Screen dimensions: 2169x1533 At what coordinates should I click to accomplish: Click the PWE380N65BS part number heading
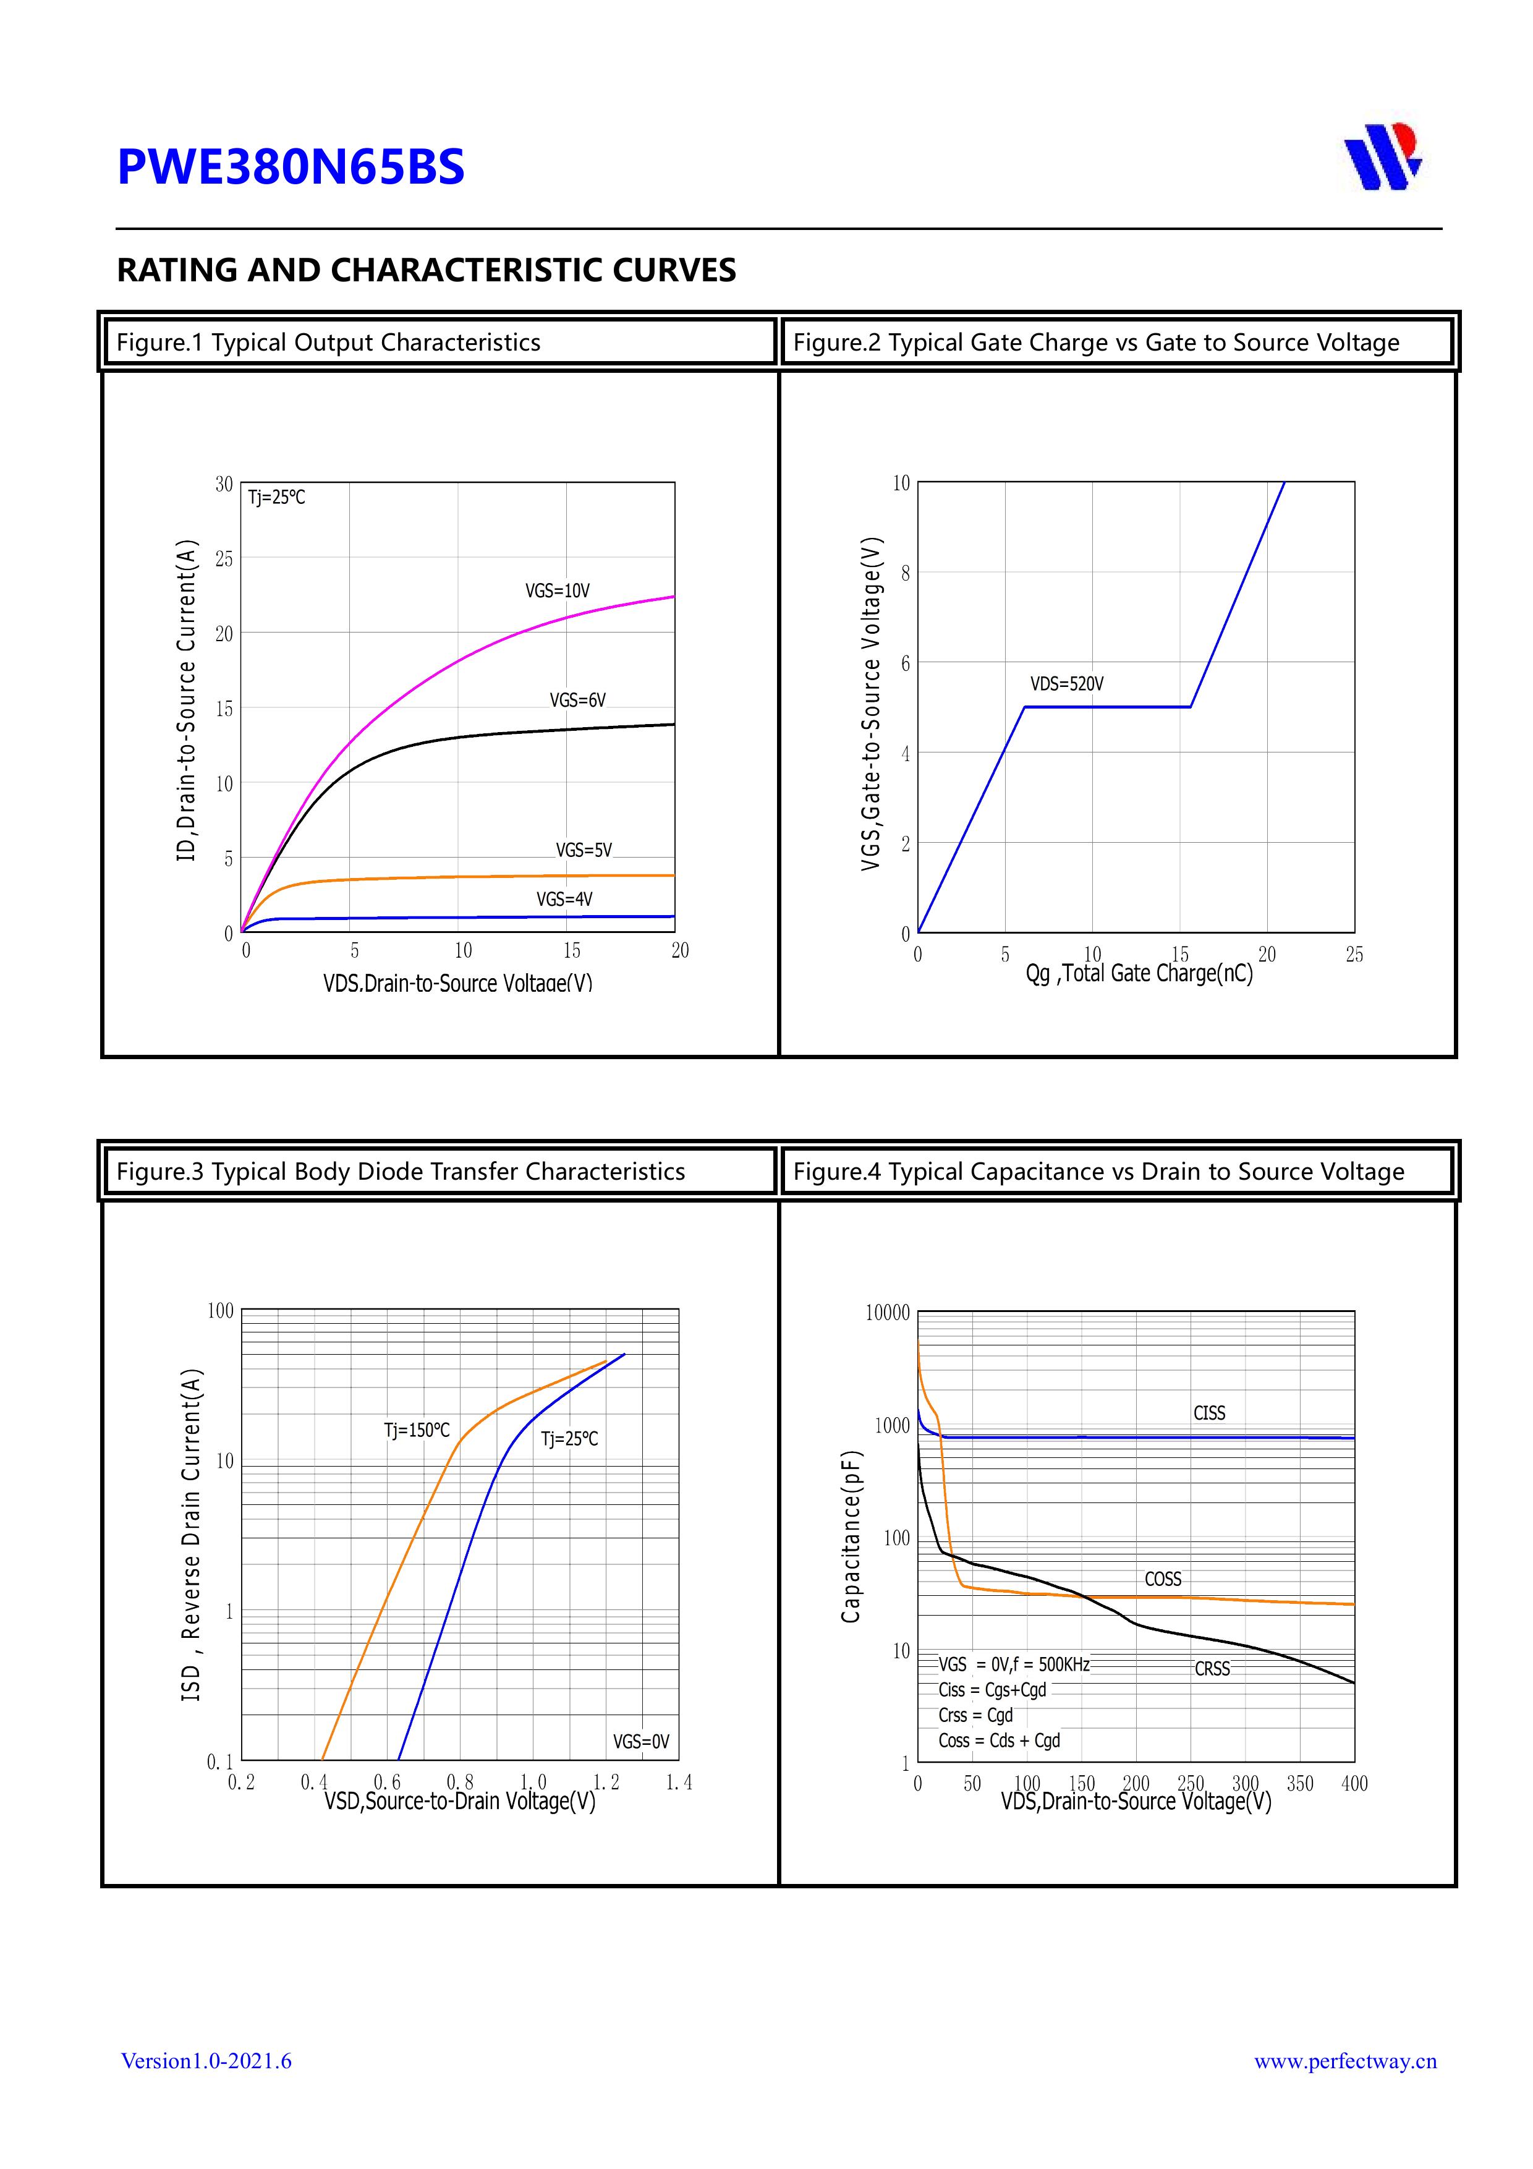point(291,166)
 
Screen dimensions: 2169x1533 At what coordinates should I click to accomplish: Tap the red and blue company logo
point(1383,157)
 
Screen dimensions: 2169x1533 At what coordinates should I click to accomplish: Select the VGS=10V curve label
point(558,591)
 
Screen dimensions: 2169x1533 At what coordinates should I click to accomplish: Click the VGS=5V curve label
point(584,850)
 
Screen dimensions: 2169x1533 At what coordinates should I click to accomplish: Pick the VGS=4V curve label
point(565,900)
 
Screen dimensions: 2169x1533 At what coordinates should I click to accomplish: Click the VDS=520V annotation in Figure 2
point(1066,684)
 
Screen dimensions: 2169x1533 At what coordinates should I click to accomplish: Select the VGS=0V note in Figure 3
point(640,1741)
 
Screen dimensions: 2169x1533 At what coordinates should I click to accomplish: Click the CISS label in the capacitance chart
point(1209,1413)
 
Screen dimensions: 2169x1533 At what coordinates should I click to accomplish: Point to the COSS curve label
point(1163,1580)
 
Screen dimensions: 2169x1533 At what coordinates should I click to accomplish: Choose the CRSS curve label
point(1212,1669)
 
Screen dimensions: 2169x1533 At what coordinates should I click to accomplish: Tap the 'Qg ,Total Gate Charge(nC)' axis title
point(1139,974)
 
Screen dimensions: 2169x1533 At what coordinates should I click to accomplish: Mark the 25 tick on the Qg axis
point(1354,955)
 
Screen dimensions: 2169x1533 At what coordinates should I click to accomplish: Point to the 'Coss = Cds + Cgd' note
point(1000,1740)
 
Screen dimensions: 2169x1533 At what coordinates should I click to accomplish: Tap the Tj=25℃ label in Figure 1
point(277,497)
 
